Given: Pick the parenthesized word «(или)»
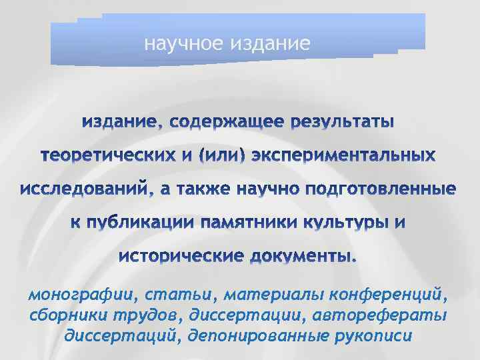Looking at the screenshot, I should pyautogui.click(x=223, y=157).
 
